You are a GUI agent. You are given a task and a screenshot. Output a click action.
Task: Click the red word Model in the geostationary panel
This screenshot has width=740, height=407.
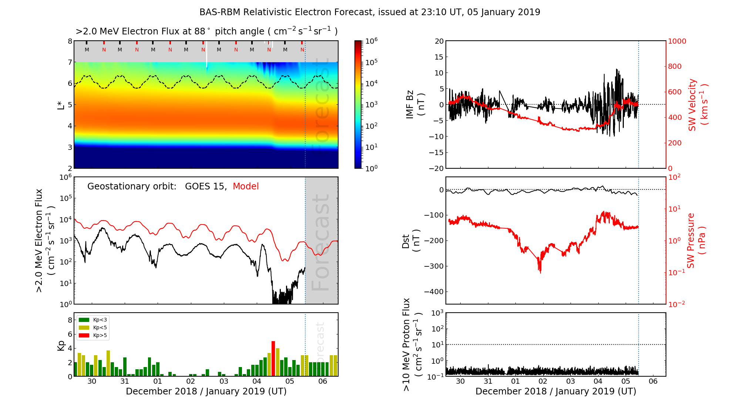[x=246, y=186]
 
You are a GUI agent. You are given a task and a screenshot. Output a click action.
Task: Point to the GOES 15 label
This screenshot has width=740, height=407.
[x=205, y=186]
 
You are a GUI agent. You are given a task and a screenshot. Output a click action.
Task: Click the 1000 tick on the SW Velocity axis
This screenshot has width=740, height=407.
[x=677, y=41]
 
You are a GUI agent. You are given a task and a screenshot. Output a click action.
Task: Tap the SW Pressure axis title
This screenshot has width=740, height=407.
[x=696, y=240]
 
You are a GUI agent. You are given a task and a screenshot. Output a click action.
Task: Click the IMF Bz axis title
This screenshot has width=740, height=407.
[x=415, y=105]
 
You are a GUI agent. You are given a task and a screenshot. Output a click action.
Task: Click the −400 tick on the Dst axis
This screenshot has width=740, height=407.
[x=433, y=292]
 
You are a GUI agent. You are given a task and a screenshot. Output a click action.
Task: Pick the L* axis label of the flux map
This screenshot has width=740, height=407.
[x=61, y=105]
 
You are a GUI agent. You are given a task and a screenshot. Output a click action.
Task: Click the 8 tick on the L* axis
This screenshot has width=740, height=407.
[x=70, y=41]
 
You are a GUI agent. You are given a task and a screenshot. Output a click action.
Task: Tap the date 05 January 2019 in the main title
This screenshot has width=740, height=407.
[x=504, y=12]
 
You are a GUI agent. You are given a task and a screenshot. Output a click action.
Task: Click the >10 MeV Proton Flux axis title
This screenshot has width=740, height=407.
[x=412, y=344]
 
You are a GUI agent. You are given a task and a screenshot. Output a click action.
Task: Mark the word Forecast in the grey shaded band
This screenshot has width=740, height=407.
[x=320, y=242]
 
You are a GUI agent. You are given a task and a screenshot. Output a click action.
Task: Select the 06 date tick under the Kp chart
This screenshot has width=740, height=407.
[x=323, y=381]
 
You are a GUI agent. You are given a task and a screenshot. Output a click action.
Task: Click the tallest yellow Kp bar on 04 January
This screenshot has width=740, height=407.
[x=277, y=362]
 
